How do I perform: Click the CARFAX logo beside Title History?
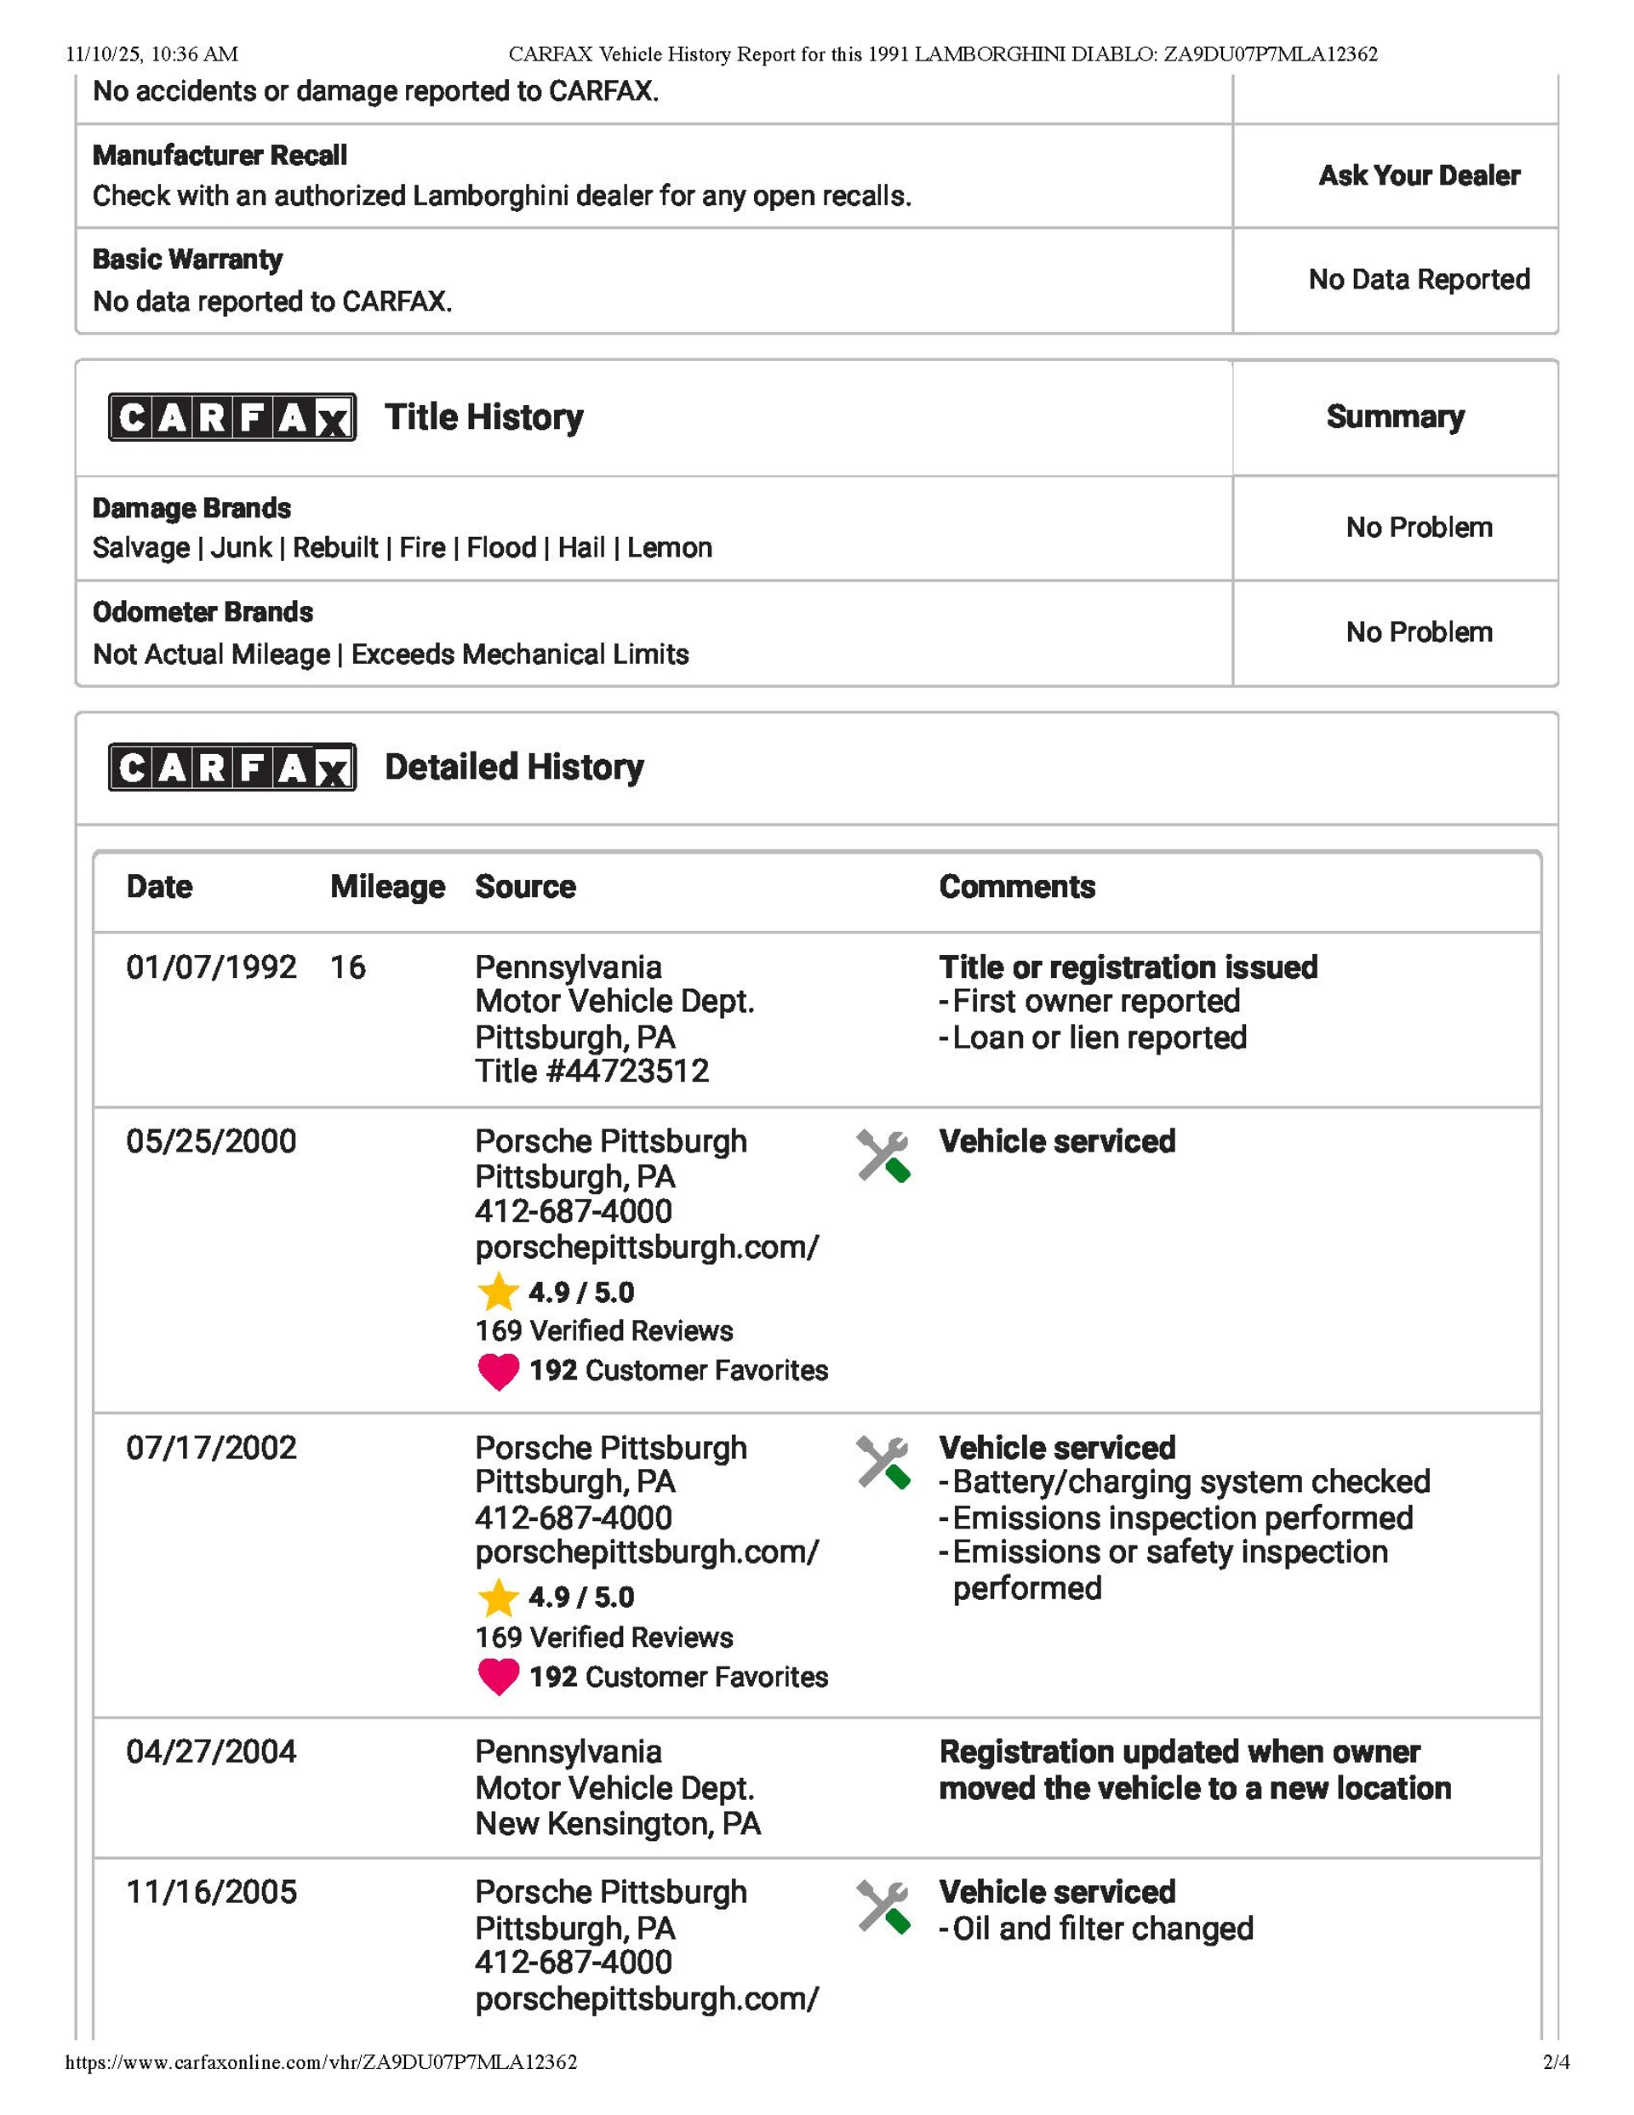point(231,417)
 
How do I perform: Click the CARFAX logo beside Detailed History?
point(231,767)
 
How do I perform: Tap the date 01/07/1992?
point(211,967)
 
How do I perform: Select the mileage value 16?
point(348,967)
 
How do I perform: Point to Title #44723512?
point(591,1071)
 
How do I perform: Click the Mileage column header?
point(387,886)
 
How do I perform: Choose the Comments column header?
point(1017,886)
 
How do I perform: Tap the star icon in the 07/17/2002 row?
point(498,1598)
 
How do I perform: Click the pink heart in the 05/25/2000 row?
point(498,1371)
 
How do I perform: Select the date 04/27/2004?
point(211,1752)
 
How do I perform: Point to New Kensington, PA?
point(618,1824)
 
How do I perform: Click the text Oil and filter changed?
point(1102,1928)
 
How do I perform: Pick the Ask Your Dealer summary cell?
point(1419,175)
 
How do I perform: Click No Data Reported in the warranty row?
point(1419,279)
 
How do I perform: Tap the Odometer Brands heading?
point(203,612)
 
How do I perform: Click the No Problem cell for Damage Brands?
point(1419,527)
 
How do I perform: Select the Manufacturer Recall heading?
point(220,155)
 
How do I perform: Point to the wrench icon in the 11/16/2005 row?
point(883,1906)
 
